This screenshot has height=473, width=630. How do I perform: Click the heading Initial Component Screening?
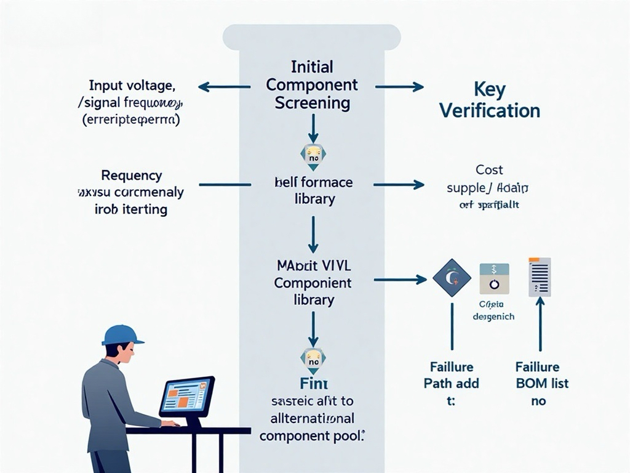(x=312, y=84)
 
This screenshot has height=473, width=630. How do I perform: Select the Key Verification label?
(x=490, y=100)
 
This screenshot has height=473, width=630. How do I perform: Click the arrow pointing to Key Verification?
(x=399, y=87)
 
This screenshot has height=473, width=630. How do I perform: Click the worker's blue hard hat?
(x=122, y=335)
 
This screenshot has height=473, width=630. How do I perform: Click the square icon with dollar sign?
(x=494, y=278)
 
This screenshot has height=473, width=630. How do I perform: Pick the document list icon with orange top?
(x=540, y=277)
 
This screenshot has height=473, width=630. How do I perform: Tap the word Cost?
(x=489, y=169)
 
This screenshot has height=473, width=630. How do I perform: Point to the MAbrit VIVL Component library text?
(x=313, y=283)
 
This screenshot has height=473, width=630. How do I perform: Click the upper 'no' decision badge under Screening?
(x=313, y=156)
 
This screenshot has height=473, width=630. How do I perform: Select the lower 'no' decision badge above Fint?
(x=313, y=360)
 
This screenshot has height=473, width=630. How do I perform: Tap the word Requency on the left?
(x=131, y=176)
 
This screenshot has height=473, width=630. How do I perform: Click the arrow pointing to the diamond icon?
(x=400, y=280)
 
